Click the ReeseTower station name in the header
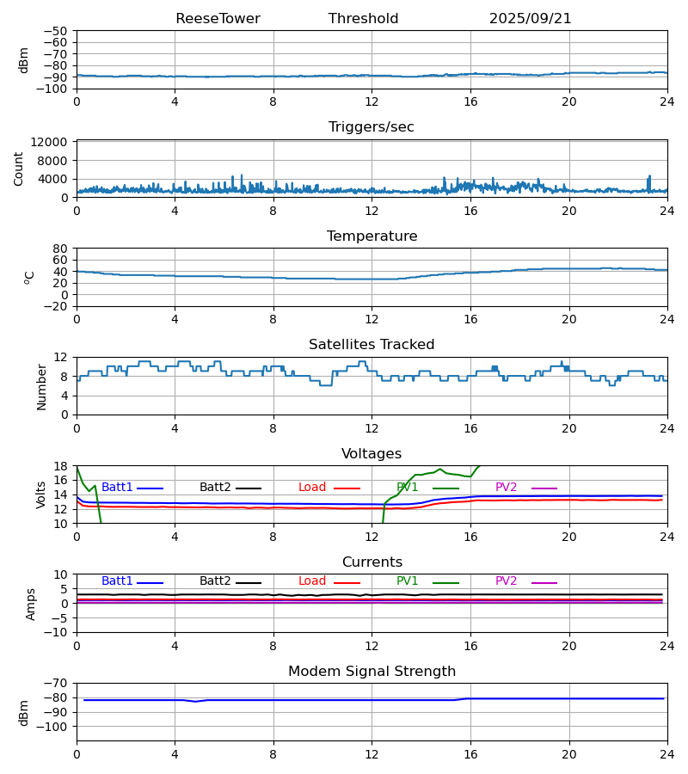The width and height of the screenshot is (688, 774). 218,19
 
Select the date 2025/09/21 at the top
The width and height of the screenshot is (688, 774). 530,19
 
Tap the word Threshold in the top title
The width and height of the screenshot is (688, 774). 363,19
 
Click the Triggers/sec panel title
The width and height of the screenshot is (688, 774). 372,127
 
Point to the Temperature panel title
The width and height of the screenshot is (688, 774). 372,236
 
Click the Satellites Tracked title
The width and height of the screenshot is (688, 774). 372,345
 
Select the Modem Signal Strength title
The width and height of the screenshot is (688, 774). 372,672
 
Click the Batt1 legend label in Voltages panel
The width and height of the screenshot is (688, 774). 117,488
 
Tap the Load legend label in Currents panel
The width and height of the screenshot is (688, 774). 312,581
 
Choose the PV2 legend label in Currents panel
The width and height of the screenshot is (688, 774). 506,581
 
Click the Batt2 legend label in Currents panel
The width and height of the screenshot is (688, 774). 215,581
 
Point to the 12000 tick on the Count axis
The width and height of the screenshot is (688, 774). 51,142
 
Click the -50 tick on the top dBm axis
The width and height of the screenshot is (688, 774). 57,31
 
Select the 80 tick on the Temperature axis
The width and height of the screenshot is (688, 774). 61,249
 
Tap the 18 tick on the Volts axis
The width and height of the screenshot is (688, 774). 61,466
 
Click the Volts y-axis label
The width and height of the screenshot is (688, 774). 41,494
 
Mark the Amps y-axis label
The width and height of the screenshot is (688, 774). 31,604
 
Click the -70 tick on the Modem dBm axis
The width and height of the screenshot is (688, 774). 57,683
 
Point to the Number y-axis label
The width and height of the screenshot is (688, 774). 41,386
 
